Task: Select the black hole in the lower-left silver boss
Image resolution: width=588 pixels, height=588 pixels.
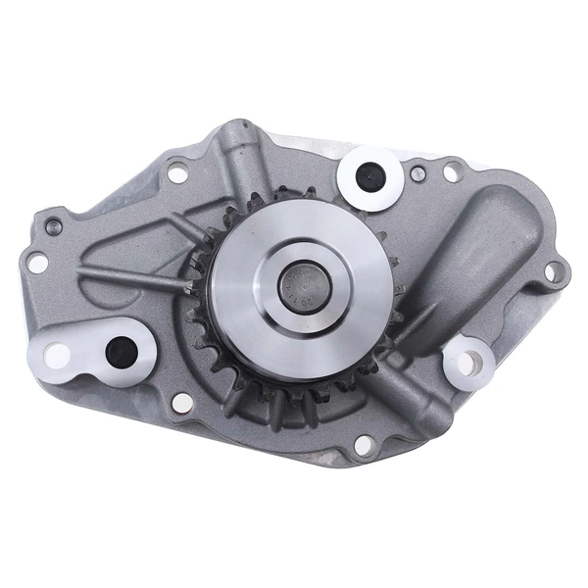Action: tap(122, 348)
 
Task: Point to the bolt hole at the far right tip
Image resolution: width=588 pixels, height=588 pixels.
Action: tap(555, 270)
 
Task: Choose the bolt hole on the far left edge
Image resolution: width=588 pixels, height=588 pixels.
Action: tap(36, 263)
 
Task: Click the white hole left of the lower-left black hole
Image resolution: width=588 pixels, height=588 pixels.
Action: tap(59, 355)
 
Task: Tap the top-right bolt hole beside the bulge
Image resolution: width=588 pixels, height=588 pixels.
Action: tap(450, 172)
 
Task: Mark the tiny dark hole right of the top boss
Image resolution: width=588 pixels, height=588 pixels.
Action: tap(418, 174)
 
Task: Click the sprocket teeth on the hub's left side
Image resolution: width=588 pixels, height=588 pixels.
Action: tap(199, 284)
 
